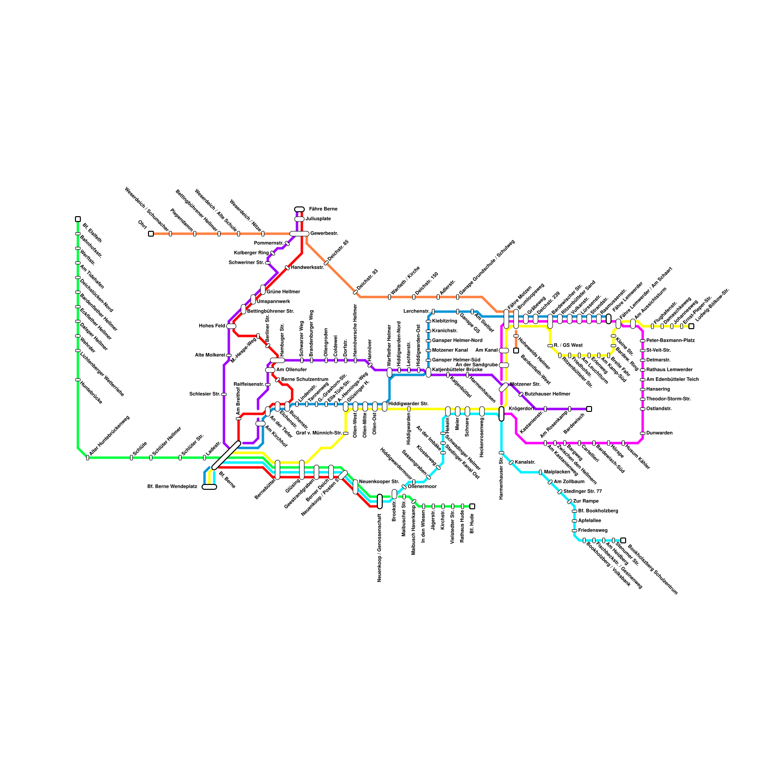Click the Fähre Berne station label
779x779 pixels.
pyautogui.click(x=323, y=209)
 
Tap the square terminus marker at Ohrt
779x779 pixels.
pyautogui.click(x=151, y=234)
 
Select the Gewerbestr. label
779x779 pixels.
pyautogui.click(x=324, y=234)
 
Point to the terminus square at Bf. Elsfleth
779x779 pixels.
pyautogui.click(x=78, y=219)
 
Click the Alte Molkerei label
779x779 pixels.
pyautogui.click(x=210, y=355)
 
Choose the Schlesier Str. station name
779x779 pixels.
pyautogui.click(x=204, y=394)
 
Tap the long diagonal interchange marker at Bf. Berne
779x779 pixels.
pyautogui.click(x=226, y=455)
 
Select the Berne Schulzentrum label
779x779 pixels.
pyautogui.click(x=305, y=380)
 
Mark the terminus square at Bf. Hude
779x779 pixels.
pyautogui.click(x=472, y=506)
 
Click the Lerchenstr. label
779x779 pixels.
pyautogui.click(x=416, y=312)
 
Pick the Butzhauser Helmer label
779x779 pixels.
pyautogui.click(x=547, y=394)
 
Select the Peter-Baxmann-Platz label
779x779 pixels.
pyautogui.click(x=670, y=341)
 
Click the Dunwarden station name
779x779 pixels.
pyautogui.click(x=659, y=433)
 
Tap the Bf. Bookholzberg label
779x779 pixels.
pyautogui.click(x=598, y=511)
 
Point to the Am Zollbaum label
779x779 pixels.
pyautogui.click(x=569, y=482)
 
